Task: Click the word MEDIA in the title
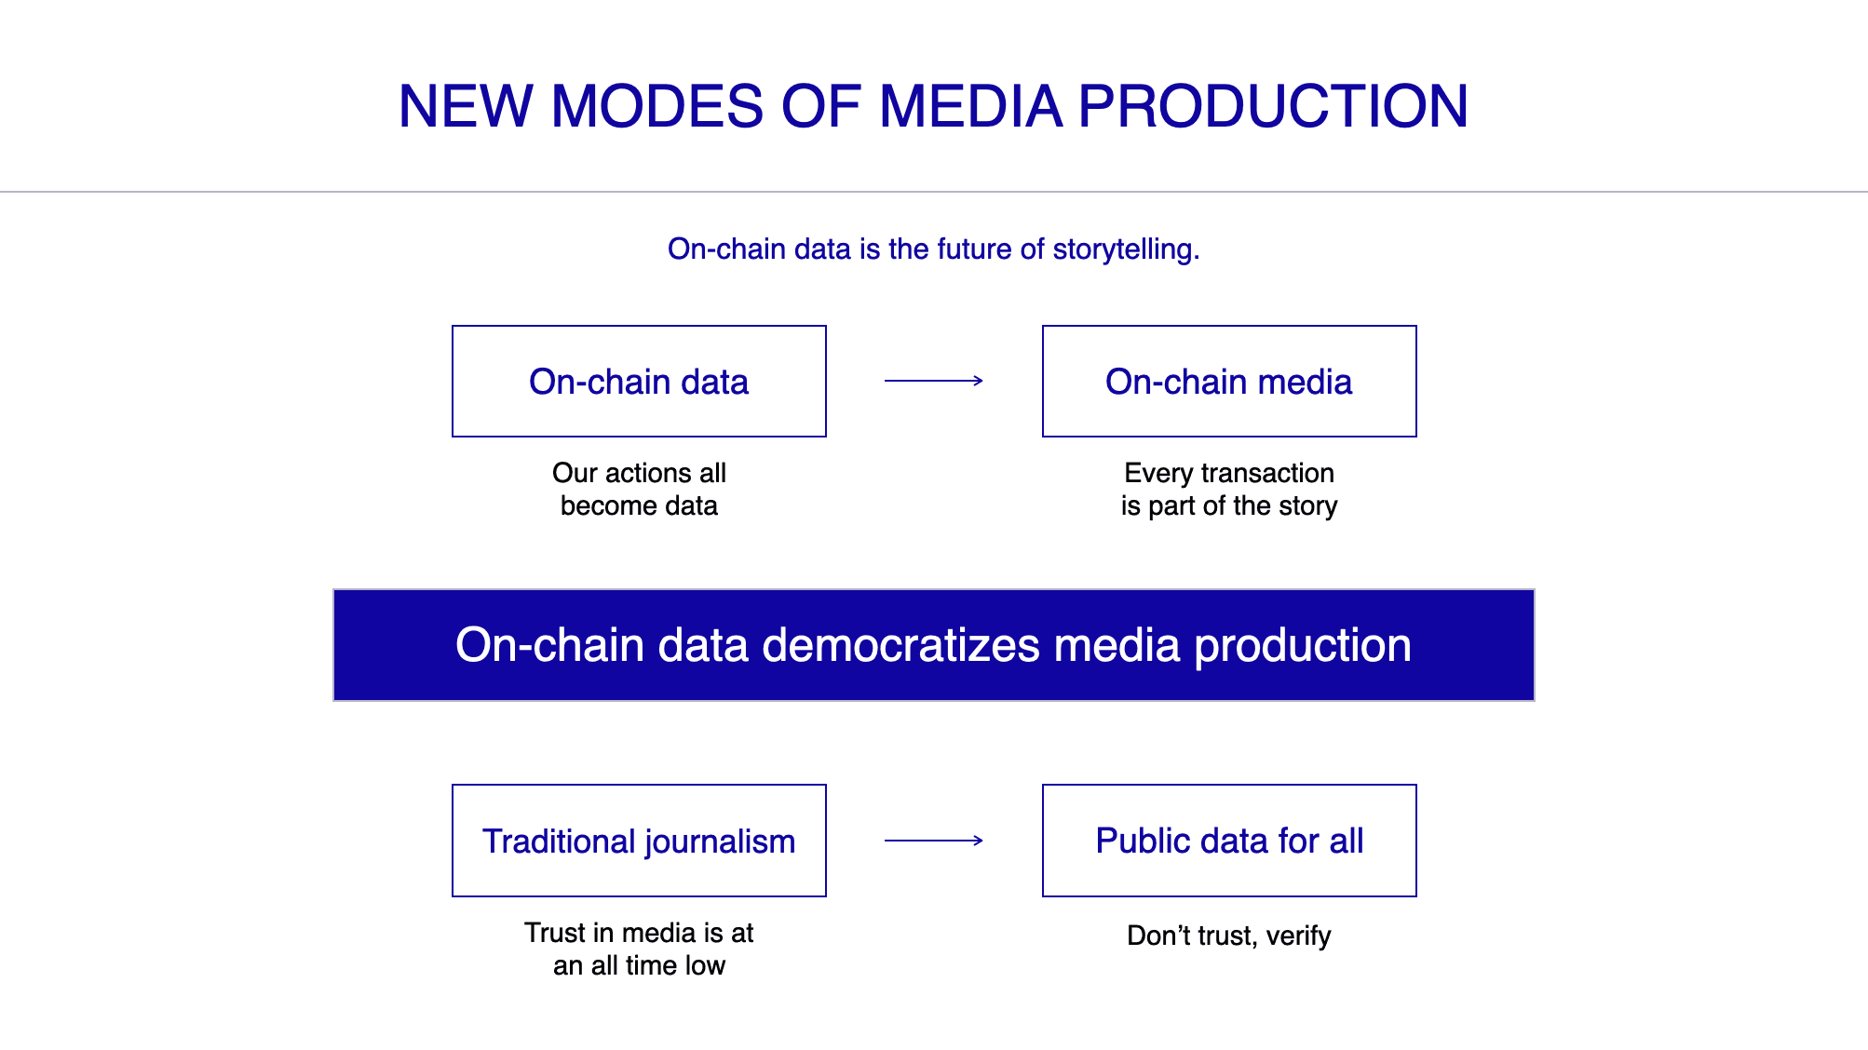tap(970, 106)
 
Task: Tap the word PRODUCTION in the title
tap(1273, 106)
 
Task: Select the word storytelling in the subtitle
tap(1126, 249)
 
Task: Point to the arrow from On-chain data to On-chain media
tap(934, 380)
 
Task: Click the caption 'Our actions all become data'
tap(639, 489)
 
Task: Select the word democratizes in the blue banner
tap(900, 645)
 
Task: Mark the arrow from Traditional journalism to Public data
tap(934, 841)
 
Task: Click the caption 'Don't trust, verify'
tap(1229, 936)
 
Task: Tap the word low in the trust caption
tap(705, 966)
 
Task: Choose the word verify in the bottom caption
tap(1298, 936)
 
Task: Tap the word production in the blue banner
tap(1303, 646)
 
